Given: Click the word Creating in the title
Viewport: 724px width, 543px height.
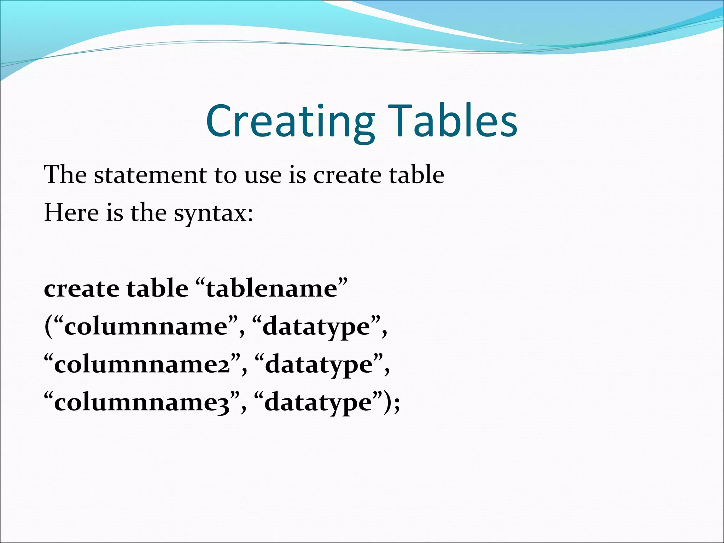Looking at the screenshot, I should pyautogui.click(x=290, y=121).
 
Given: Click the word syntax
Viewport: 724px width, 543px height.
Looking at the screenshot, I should pyautogui.click(x=209, y=214).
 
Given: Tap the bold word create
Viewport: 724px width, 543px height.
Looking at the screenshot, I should pyautogui.click(x=81, y=288).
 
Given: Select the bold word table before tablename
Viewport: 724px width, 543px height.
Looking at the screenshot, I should pyautogui.click(x=158, y=288).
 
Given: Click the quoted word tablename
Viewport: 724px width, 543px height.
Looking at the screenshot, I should pyautogui.click(x=272, y=288).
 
